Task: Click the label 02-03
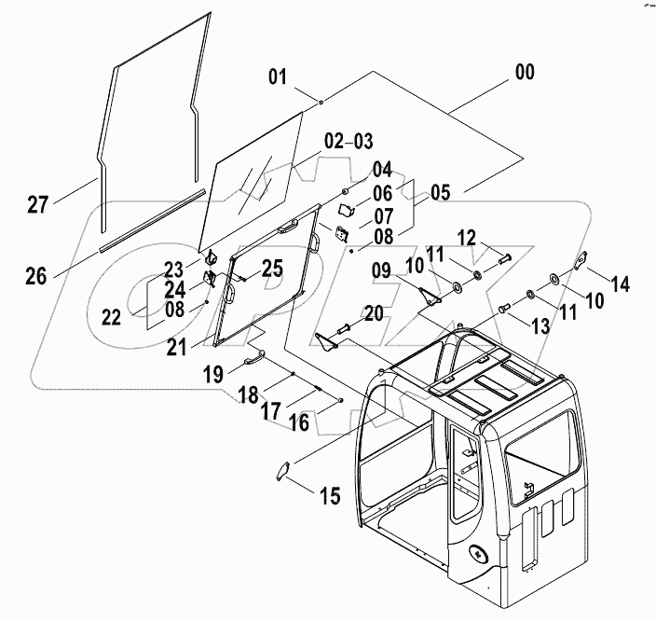coord(348,142)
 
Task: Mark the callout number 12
coord(466,239)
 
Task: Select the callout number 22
coord(112,318)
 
